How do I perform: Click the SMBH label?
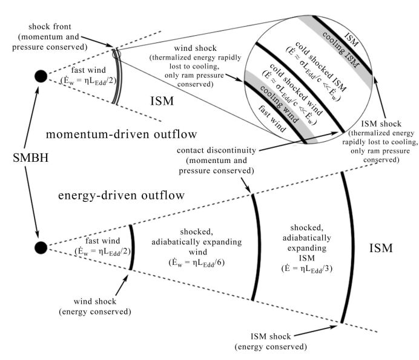[31, 158]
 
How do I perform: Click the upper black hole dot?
[41, 76]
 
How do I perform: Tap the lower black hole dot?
[41, 247]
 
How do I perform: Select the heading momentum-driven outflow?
[121, 134]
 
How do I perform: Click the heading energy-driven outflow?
[121, 195]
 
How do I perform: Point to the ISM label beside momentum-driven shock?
[162, 101]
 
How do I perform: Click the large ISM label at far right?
[381, 248]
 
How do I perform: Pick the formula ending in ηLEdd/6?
[197, 263]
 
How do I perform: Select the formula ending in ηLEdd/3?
[307, 269]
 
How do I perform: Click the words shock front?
[50, 27]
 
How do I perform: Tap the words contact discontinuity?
[216, 150]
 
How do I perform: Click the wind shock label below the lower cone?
[95, 301]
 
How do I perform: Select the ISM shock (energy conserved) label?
[271, 342]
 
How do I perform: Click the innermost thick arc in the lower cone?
[133, 247]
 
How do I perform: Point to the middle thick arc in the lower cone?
[257, 247]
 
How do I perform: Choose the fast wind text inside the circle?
[272, 118]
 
